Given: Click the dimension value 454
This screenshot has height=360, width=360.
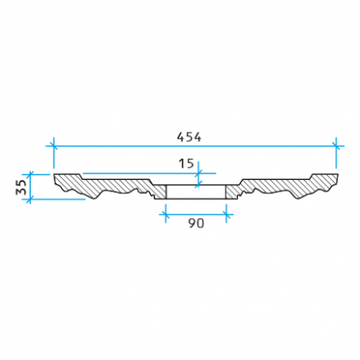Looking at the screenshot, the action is click(x=189, y=137).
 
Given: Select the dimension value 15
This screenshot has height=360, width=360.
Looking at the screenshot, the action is click(x=186, y=163).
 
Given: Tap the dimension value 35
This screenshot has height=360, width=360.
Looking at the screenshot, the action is click(x=21, y=187).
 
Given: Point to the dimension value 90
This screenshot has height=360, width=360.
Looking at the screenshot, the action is click(x=196, y=224).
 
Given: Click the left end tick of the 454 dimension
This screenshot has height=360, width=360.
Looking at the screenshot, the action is click(x=54, y=146).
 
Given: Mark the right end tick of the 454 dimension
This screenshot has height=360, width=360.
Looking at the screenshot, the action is click(x=336, y=146).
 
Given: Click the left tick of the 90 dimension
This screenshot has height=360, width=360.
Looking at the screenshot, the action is click(x=166, y=214).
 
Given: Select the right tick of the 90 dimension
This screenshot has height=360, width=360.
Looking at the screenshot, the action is click(x=226, y=214).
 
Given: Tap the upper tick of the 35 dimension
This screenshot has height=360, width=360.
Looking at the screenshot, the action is click(x=31, y=174).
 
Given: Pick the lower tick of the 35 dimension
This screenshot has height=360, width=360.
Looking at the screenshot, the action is click(x=31, y=199).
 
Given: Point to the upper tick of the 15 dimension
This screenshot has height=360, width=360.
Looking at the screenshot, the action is click(x=198, y=173).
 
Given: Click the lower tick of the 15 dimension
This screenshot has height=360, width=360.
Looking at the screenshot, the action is click(x=198, y=185).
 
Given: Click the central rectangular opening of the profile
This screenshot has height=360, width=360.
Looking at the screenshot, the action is click(x=196, y=192).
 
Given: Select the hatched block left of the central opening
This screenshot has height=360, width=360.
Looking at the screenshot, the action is click(x=160, y=192).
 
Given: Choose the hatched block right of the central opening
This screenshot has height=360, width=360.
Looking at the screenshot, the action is click(x=232, y=192).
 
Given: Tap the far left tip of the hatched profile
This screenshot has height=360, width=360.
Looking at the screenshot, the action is click(x=54, y=175).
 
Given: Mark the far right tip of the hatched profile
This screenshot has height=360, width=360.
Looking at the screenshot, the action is click(x=338, y=175).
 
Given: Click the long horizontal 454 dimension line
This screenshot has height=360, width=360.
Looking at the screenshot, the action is click(x=195, y=146).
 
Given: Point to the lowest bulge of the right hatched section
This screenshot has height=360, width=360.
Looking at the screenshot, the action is click(x=298, y=198).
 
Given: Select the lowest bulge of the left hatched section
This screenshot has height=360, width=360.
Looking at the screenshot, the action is click(x=95, y=198).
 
